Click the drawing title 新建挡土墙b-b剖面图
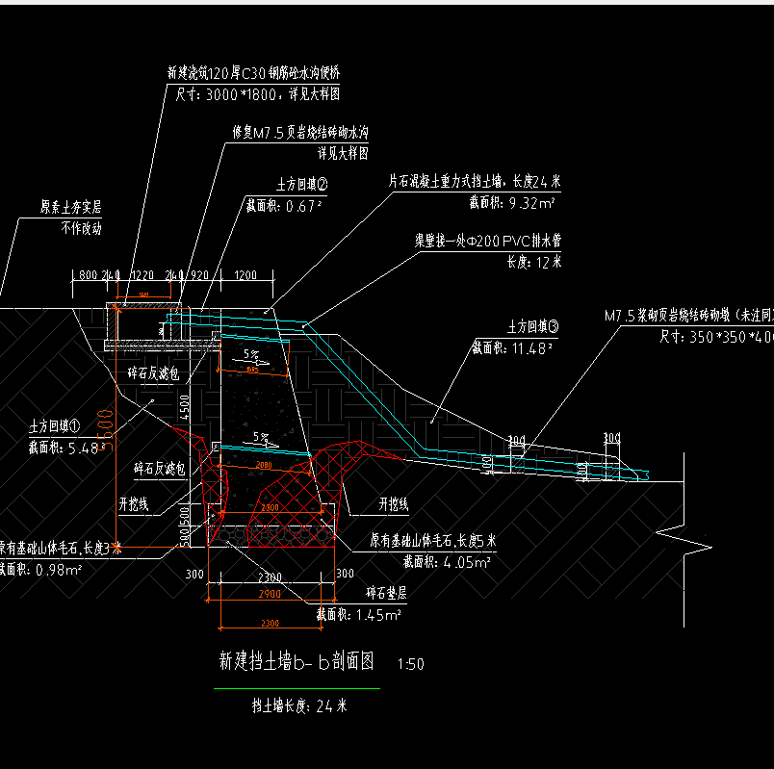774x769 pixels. coord(296,662)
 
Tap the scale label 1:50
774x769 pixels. coord(411,664)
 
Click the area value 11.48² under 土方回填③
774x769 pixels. coord(513,347)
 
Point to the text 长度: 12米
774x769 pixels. coord(534,261)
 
